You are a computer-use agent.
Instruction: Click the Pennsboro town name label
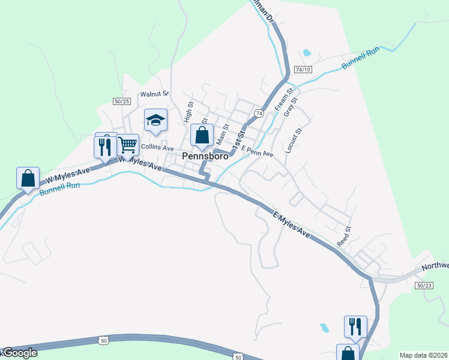click(x=205, y=157)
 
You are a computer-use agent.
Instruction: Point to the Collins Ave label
click(x=157, y=148)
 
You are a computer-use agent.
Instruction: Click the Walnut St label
click(x=155, y=94)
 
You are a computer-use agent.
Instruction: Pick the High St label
click(x=188, y=112)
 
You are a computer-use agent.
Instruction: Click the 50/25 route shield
click(x=121, y=101)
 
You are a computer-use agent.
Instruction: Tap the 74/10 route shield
click(x=304, y=69)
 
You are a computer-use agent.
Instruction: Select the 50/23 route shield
click(x=424, y=286)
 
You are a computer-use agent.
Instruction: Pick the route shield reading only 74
click(x=258, y=113)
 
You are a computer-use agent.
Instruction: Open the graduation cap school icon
click(x=155, y=120)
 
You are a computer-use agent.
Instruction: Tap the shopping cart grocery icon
click(x=127, y=144)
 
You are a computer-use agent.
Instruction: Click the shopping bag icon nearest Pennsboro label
click(x=202, y=135)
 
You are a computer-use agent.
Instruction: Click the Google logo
click(x=19, y=353)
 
